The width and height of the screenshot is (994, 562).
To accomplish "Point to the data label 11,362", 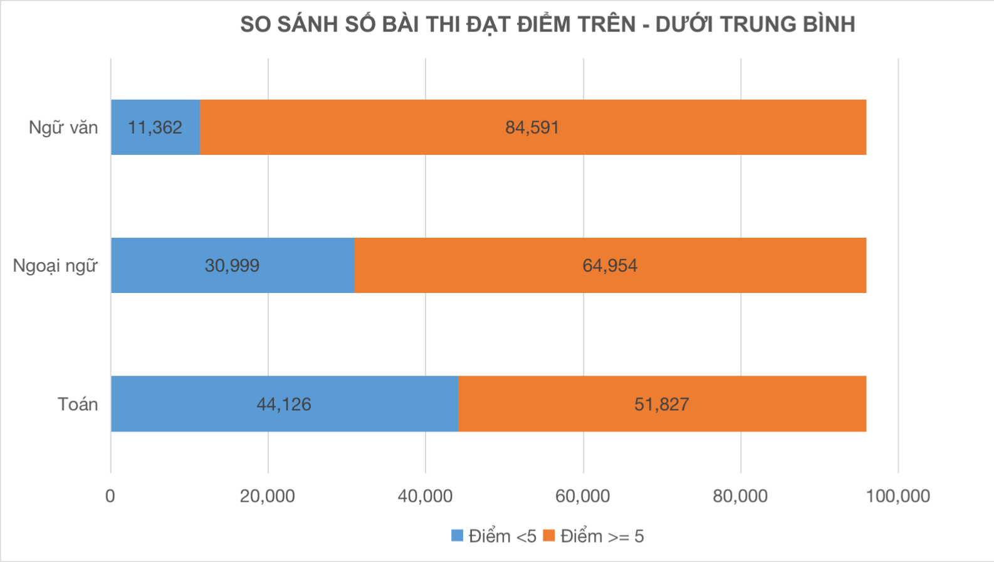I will tap(155, 127).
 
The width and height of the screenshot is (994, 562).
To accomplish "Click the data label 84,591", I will tap(532, 127).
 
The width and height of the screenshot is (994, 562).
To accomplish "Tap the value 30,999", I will tap(232, 265).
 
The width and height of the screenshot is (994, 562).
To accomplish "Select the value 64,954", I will tap(610, 265).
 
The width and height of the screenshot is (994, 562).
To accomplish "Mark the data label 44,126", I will tap(284, 404).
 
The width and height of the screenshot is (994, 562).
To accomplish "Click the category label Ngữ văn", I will tap(63, 127).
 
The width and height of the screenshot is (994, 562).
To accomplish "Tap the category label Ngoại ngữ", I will tap(55, 266).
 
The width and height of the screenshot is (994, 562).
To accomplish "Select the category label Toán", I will tap(78, 404).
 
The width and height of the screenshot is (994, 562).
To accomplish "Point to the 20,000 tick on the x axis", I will tap(268, 496).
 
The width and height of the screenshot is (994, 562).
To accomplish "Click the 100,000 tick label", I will tap(897, 496).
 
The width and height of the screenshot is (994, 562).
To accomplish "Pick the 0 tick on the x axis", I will tap(110, 496).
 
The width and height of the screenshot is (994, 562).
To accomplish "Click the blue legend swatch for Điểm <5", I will tap(458, 536).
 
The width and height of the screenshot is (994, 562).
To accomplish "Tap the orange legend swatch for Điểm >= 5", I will tap(549, 536).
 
